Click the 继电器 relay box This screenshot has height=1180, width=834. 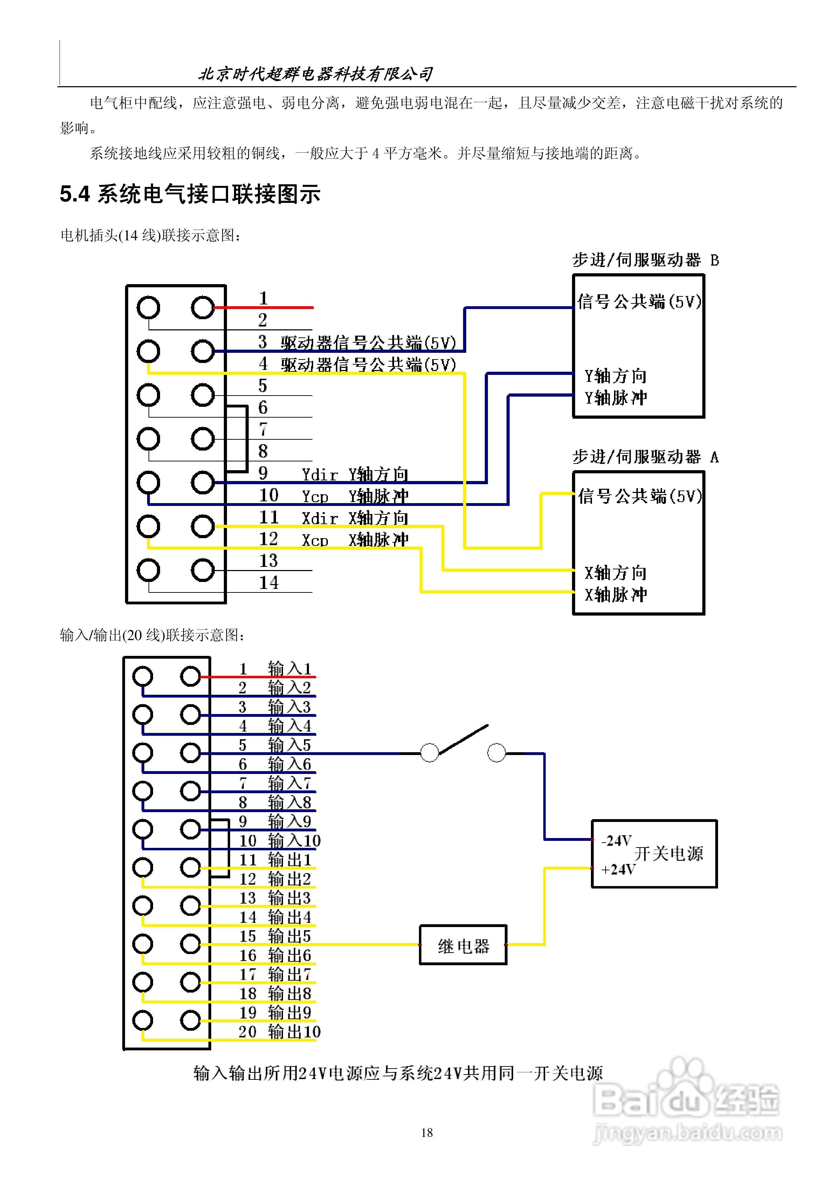463,945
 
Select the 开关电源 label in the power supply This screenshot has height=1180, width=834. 668,854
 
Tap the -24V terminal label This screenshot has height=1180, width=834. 616,841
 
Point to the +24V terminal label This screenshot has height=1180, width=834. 618,869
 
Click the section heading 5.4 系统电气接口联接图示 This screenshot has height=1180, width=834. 190,194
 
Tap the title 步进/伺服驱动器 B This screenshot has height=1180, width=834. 646,260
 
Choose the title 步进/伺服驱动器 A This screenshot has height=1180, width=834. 646,457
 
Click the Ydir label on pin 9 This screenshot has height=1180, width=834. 319,475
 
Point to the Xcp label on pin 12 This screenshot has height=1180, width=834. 315,540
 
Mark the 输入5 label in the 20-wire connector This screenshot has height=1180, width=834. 289,745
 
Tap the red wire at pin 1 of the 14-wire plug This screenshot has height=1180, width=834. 263,307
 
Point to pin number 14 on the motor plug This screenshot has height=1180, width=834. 269,582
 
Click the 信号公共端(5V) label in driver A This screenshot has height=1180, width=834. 639,496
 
